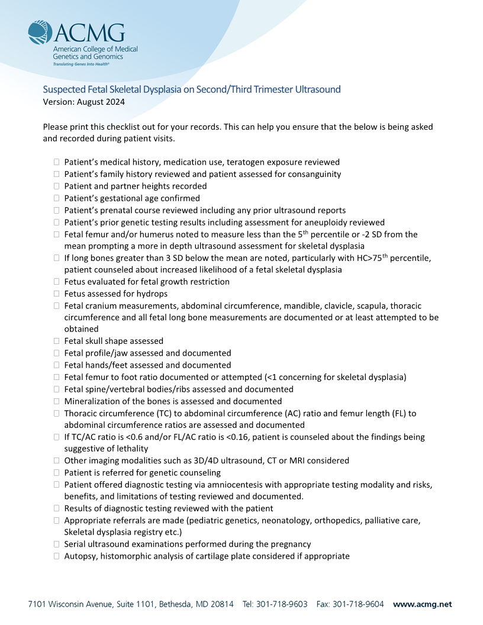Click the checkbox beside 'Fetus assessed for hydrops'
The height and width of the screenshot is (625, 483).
[x=57, y=294]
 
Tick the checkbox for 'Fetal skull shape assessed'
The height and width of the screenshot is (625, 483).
[x=57, y=341]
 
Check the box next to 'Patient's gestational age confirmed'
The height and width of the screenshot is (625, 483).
[x=57, y=198]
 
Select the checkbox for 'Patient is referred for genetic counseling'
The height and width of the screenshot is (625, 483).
[x=57, y=472]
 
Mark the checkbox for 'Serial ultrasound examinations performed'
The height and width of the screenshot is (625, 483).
[x=57, y=544]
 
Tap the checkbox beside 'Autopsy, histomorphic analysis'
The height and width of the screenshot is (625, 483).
[x=57, y=556]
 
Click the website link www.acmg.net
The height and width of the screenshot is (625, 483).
[x=422, y=604]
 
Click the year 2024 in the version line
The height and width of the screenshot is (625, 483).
[x=114, y=101]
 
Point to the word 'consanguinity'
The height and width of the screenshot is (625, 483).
[x=314, y=174]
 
